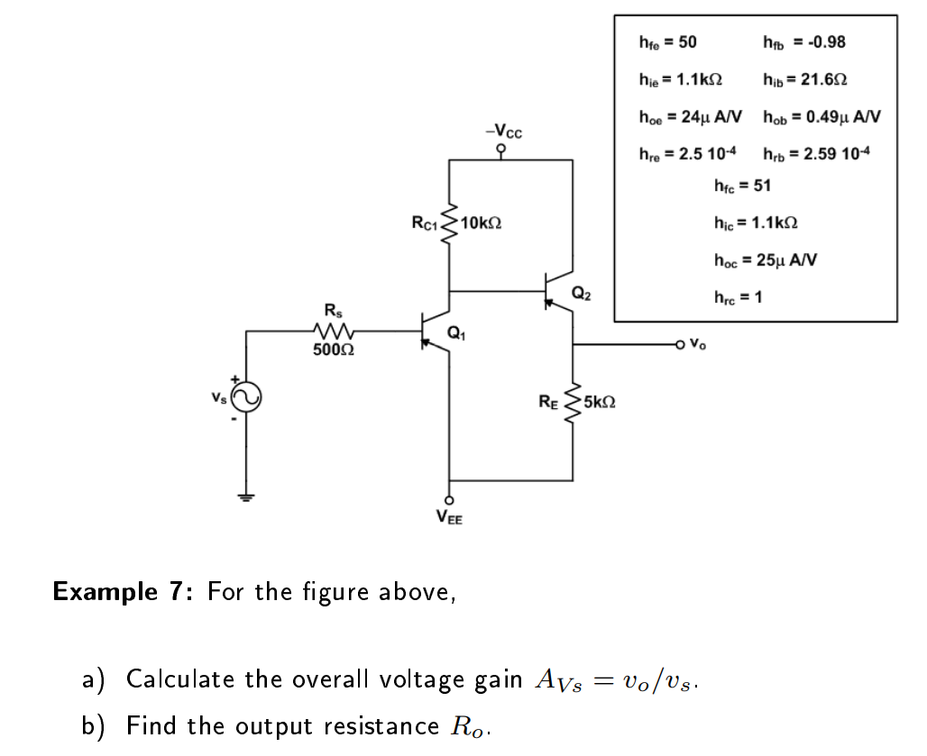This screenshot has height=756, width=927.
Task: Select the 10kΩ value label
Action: pos(481,223)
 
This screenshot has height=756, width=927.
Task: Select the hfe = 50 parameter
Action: pos(667,41)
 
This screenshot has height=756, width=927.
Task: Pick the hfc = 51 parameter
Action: pos(742,187)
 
